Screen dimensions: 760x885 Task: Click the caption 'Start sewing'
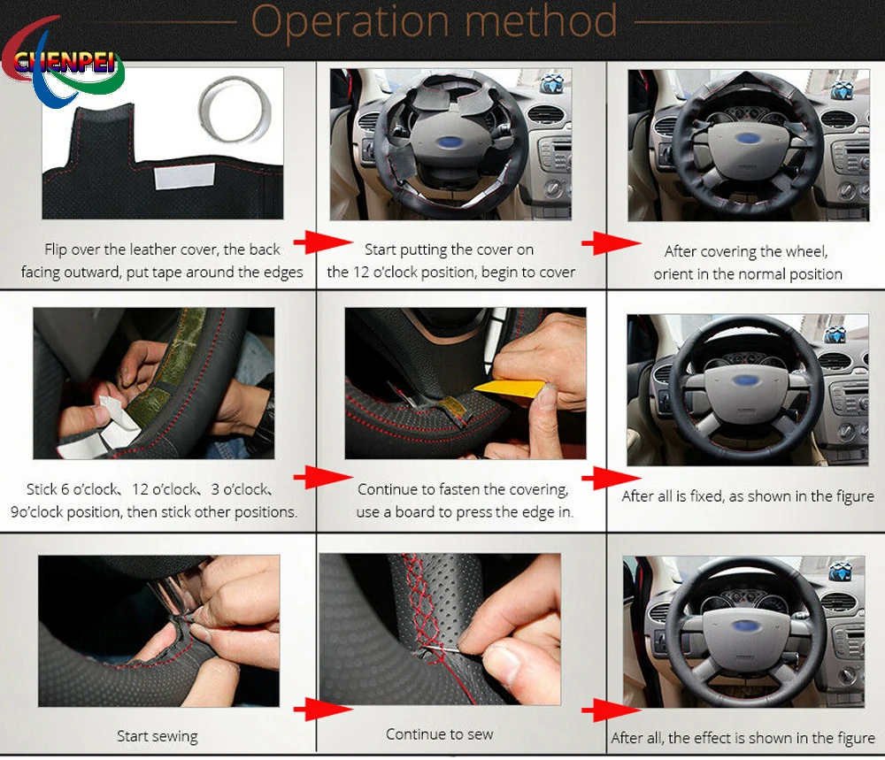tap(157, 735)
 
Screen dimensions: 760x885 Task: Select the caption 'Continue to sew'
tap(439, 733)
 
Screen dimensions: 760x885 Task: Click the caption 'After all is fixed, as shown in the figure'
tap(747, 496)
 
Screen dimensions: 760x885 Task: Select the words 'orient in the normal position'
tap(748, 274)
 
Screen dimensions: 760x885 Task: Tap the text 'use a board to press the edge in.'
tap(464, 511)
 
